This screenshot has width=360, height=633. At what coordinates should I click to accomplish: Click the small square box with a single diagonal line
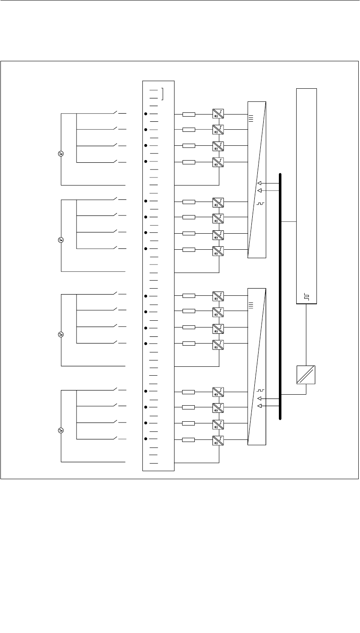[306, 374]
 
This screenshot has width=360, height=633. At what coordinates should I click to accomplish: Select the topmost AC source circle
[60, 153]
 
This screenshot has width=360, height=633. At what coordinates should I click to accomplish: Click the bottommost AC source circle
[60, 431]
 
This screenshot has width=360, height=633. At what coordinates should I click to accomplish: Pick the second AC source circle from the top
[60, 240]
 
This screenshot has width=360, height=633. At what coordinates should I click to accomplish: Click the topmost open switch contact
[116, 112]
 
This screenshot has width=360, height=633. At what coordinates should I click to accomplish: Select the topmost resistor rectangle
[188, 114]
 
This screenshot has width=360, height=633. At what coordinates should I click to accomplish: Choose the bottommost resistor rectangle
[188, 440]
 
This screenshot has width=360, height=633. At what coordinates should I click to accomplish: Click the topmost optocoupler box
[218, 114]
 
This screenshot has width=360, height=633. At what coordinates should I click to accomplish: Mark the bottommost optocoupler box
[218, 440]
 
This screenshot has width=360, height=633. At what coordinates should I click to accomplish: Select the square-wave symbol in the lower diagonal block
[260, 390]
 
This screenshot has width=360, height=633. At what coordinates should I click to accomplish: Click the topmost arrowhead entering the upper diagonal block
[259, 183]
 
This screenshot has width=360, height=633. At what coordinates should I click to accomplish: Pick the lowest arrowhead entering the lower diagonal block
[259, 406]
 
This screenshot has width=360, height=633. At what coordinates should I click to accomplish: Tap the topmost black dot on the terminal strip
[146, 114]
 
